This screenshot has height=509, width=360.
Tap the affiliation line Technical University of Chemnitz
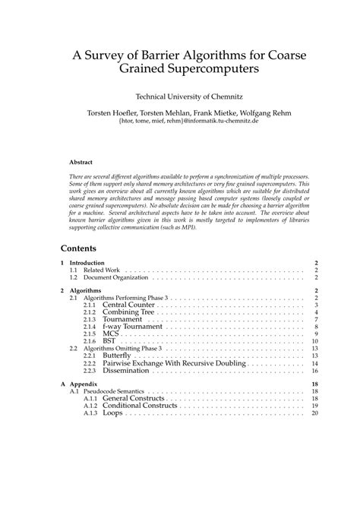click(179, 96)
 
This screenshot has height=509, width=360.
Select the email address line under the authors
click(179, 119)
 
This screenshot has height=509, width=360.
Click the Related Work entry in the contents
click(103, 270)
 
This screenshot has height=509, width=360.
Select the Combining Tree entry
click(129, 312)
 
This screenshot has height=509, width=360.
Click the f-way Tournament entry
click(133, 327)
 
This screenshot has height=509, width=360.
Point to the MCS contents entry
click(112, 334)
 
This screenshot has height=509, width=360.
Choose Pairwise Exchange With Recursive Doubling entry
click(174, 363)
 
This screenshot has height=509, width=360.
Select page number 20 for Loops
click(314, 413)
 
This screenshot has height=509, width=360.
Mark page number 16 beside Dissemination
click(314, 370)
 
